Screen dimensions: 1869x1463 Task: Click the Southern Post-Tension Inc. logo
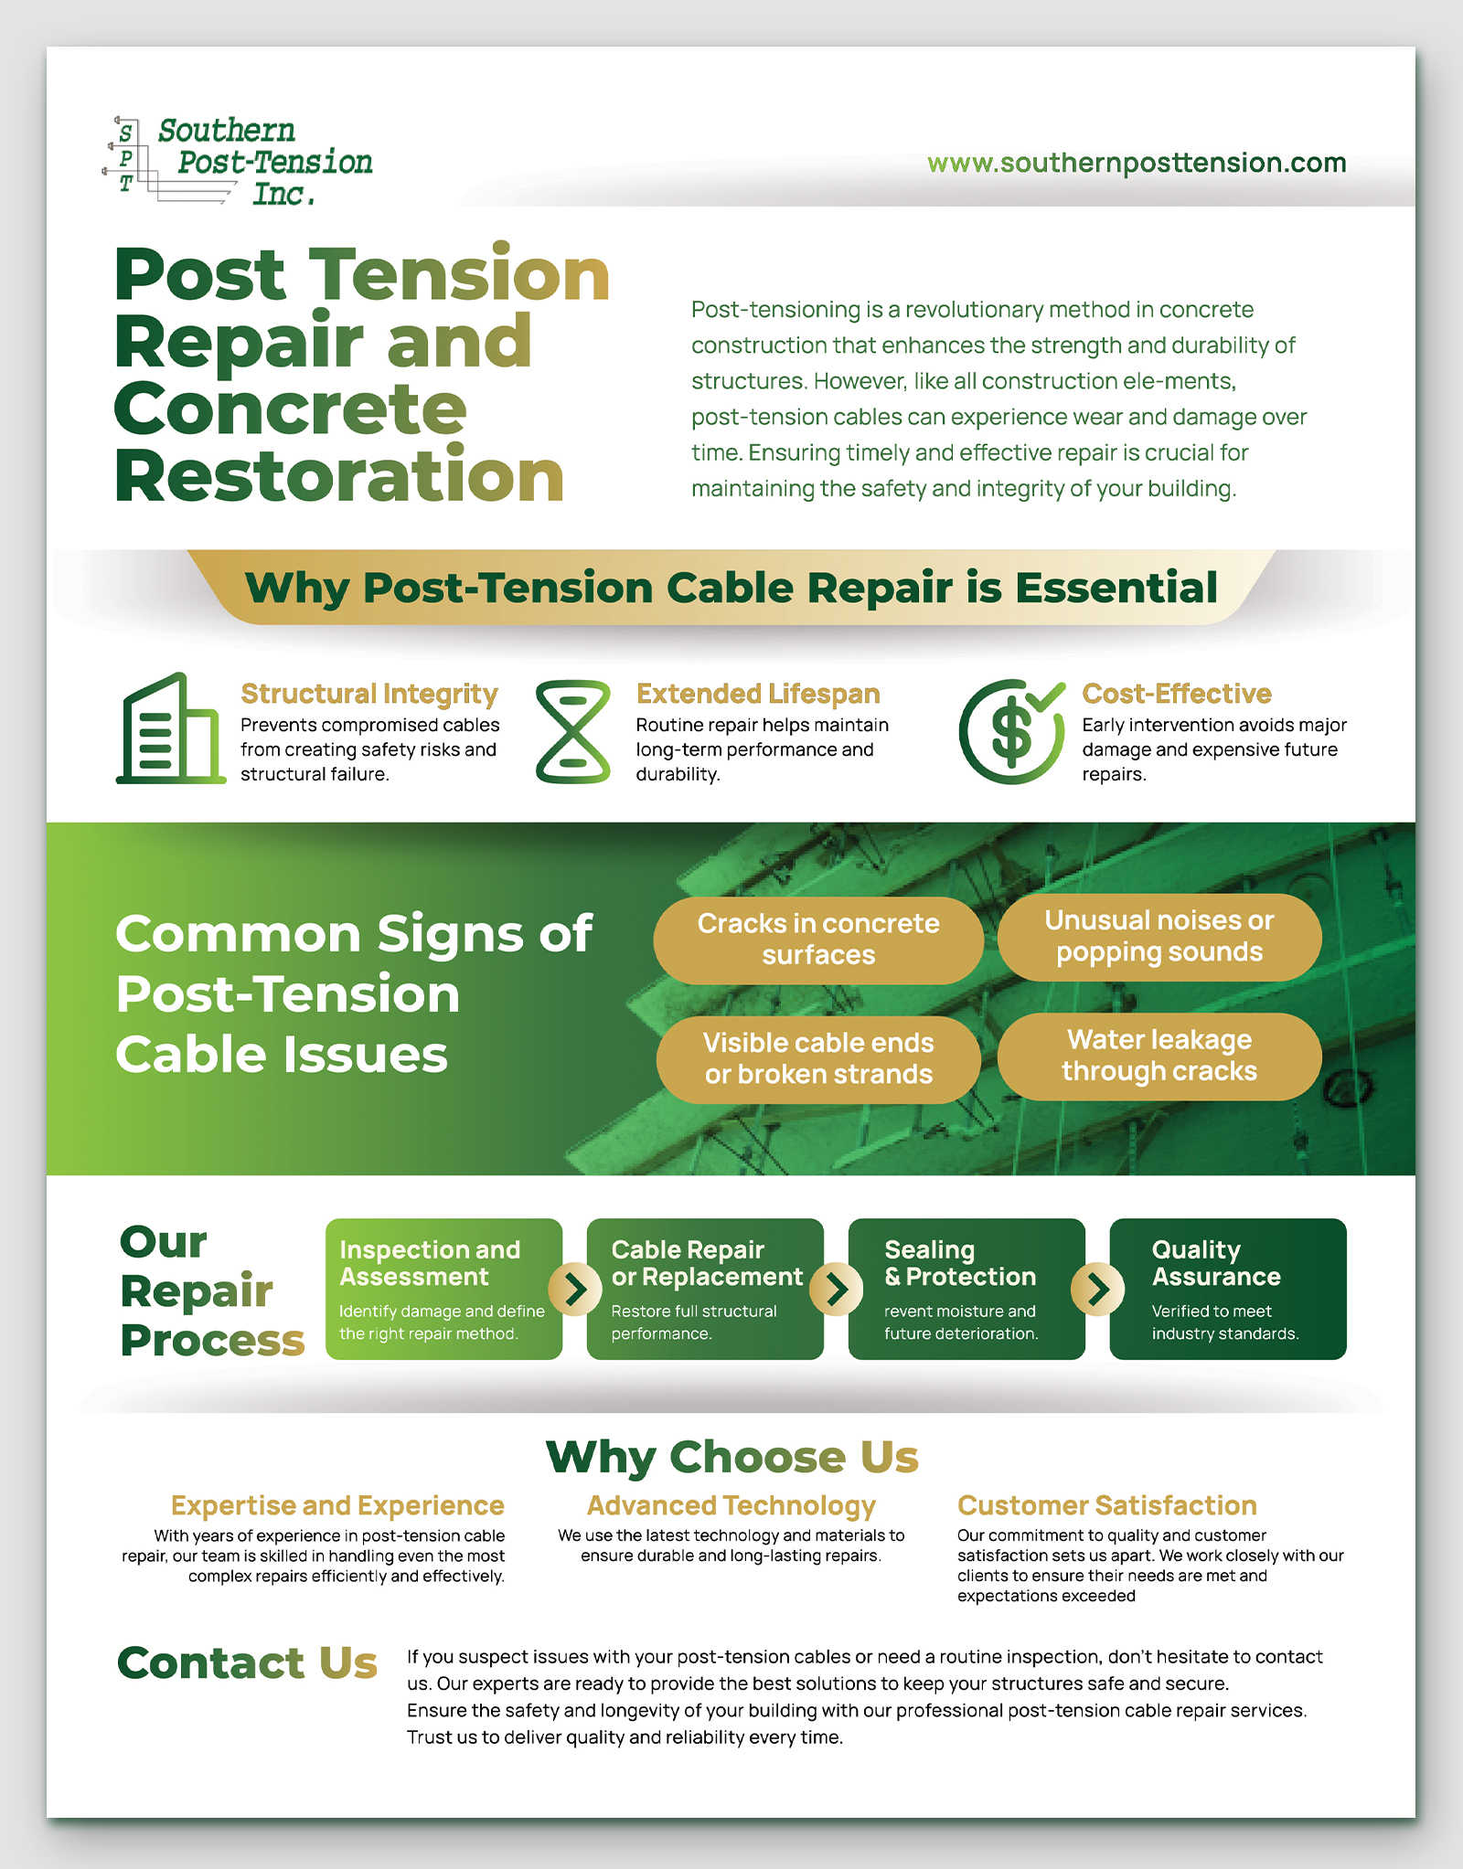pyautogui.click(x=238, y=161)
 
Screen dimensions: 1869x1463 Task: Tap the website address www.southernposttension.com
pyautogui.click(x=1136, y=163)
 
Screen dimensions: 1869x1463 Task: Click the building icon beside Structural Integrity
pyautogui.click(x=171, y=729)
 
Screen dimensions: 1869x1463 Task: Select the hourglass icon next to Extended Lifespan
pyautogui.click(x=572, y=731)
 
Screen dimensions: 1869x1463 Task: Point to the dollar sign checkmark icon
pyautogui.click(x=1011, y=731)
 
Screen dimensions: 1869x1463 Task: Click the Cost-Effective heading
pyautogui.click(x=1176, y=694)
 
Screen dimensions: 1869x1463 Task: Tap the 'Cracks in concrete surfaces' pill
pyautogui.click(x=818, y=940)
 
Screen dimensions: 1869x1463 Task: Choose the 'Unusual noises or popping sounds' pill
pyautogui.click(x=1159, y=937)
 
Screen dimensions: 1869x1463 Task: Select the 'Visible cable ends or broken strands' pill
pyautogui.click(x=818, y=1058)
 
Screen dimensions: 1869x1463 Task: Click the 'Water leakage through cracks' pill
pyautogui.click(x=1159, y=1056)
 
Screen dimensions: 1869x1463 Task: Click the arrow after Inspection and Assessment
pyautogui.click(x=575, y=1290)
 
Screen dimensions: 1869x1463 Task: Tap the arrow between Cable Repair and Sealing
pyautogui.click(x=837, y=1290)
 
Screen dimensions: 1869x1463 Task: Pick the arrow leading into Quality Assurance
pyautogui.click(x=1097, y=1290)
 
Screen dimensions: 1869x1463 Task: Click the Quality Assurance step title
pyautogui.click(x=1215, y=1263)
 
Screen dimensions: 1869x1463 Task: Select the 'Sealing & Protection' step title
pyautogui.click(x=959, y=1263)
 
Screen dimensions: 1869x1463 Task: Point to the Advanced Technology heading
pyautogui.click(x=731, y=1505)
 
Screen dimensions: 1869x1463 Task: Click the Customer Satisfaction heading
pyautogui.click(x=1106, y=1505)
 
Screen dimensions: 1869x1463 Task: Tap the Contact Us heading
pyautogui.click(x=247, y=1662)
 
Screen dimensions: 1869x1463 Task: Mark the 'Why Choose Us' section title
pyautogui.click(x=731, y=1456)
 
